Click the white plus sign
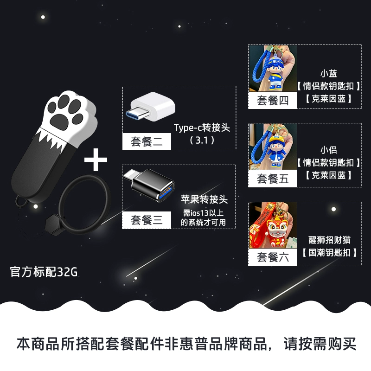[96, 160]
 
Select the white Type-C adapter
[150, 107]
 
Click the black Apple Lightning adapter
[149, 185]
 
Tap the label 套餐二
[147, 142]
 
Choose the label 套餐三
[147, 220]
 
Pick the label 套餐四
[273, 101]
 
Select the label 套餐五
[273, 179]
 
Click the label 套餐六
[273, 257]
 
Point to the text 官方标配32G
[44, 272]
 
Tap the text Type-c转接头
[202, 128]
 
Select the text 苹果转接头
[204, 199]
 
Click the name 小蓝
[329, 73]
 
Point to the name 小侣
[329, 150]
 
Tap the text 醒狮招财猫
[329, 240]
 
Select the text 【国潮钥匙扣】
[329, 253]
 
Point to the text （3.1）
[202, 141]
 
